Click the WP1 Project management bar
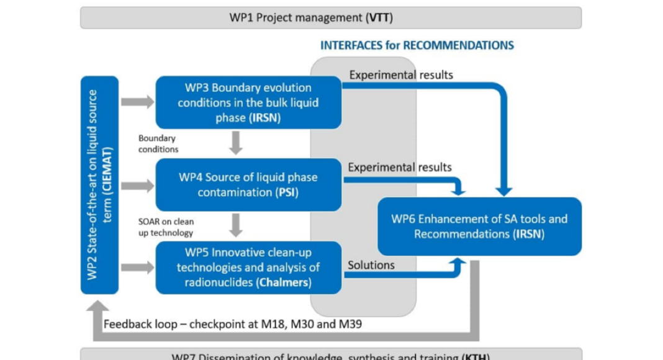pyautogui.click(x=330, y=17)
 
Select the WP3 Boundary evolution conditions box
pyautogui.click(x=248, y=102)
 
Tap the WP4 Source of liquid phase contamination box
pyautogui.click(x=248, y=184)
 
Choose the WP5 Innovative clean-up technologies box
pyautogui.click(x=248, y=268)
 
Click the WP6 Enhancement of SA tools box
pyautogui.click(x=479, y=226)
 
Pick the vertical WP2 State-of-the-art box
pyautogui.click(x=99, y=184)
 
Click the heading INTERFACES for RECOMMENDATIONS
pyautogui.click(x=417, y=45)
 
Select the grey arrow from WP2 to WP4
pyautogui.click(x=137, y=184)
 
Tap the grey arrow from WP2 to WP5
pyautogui.click(x=137, y=268)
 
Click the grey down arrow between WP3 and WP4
pyautogui.click(x=235, y=143)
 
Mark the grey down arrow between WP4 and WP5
pyautogui.click(x=235, y=225)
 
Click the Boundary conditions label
pyautogui.click(x=158, y=143)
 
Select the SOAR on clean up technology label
pyautogui.click(x=166, y=227)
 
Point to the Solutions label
pyautogui.click(x=371, y=265)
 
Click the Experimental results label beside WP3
pyautogui.click(x=401, y=75)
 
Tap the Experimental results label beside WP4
pyautogui.click(x=400, y=167)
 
